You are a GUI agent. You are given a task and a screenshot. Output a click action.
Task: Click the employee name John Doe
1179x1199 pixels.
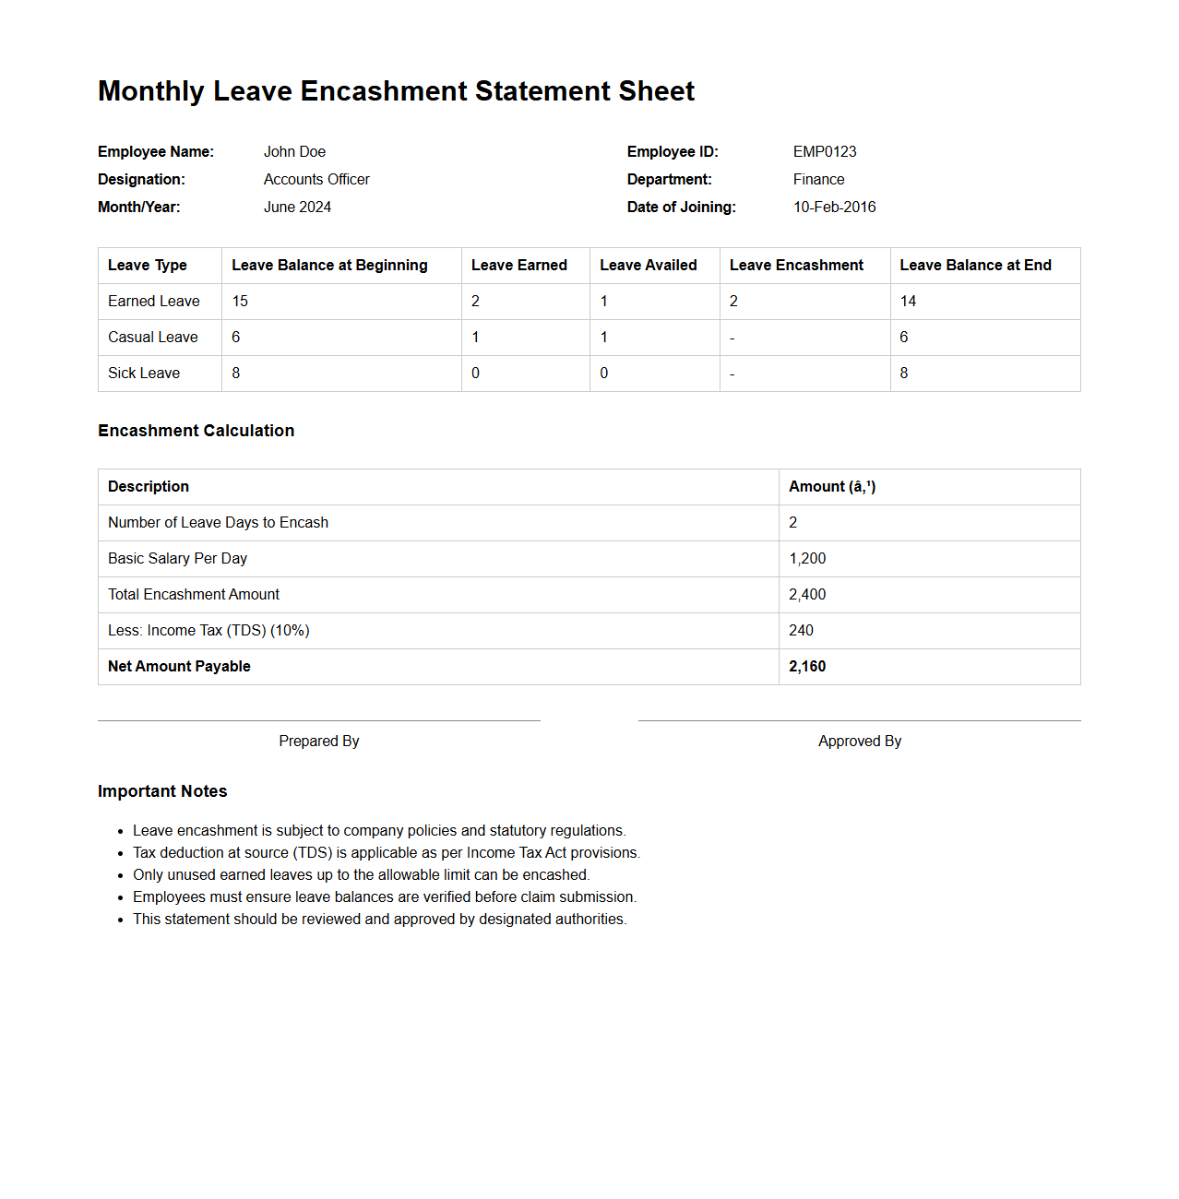pos(294,152)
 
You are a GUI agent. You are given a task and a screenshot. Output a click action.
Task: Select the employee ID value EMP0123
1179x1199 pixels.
pos(825,152)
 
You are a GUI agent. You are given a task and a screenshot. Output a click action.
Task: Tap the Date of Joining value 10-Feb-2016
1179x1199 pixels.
pos(834,208)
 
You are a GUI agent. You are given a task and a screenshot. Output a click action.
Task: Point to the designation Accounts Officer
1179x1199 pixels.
pos(316,180)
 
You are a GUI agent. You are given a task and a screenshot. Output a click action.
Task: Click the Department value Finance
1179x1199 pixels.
pos(818,180)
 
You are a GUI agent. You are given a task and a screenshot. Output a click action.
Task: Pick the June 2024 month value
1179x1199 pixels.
pos(297,208)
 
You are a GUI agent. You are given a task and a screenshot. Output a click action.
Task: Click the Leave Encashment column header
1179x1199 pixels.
pos(796,266)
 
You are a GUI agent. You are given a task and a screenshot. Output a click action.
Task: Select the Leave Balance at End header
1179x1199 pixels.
pos(975,266)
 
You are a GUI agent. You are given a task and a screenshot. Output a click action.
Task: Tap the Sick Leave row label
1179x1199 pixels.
pos(144,374)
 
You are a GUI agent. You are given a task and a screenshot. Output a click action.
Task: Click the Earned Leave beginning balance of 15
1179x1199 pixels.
pos(240,302)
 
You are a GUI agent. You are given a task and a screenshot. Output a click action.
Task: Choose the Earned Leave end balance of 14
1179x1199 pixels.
pos(908,302)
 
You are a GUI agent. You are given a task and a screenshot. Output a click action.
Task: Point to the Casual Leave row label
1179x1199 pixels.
pos(153,338)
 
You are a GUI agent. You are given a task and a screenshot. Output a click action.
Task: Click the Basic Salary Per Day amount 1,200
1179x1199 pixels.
pos(807,559)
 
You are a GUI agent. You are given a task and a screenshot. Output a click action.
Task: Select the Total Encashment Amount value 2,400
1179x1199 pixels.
pos(807,595)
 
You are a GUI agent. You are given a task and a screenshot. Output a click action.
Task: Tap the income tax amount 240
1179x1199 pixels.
pos(801,631)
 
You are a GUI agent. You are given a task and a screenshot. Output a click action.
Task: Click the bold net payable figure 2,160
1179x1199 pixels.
pos(807,667)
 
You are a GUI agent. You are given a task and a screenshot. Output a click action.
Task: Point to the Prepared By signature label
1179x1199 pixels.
pos(319,742)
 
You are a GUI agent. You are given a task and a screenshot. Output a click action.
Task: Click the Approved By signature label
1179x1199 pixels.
pos(860,742)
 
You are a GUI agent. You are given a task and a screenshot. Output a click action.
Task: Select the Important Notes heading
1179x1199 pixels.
pos(162,791)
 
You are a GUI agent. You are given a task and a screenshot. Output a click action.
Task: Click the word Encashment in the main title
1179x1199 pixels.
pos(385,91)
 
